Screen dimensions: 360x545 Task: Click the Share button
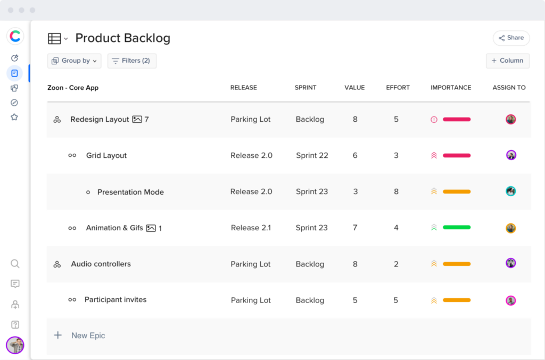511,38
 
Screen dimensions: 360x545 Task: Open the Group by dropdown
74,61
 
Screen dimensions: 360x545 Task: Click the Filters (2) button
131,61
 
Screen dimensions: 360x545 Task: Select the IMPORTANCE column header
450,87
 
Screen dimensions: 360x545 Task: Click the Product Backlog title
122,38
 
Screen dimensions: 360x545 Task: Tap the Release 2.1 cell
251,228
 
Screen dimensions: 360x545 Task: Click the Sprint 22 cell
312,155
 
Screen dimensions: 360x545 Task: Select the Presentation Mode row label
130,192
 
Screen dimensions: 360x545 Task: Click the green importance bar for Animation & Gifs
456,228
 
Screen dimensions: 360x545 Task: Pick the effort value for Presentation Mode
396,191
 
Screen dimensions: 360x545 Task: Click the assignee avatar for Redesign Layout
510,119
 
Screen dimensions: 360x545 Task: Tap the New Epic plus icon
58,335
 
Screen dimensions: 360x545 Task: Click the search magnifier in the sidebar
15,264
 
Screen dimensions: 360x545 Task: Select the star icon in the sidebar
15,117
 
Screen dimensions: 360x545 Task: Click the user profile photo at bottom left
15,345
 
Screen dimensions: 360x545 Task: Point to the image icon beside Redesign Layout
137,120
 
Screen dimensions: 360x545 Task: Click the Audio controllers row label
101,264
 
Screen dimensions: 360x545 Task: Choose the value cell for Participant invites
354,300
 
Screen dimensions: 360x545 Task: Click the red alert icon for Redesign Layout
434,120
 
